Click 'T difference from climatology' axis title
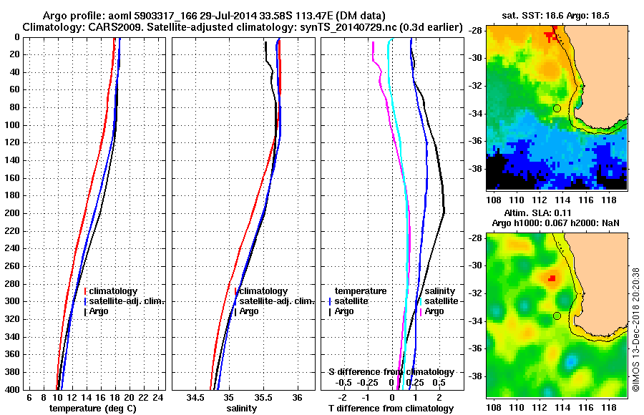pyautogui.click(x=391, y=409)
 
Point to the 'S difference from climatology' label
pyautogui.click(x=391, y=372)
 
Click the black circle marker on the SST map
pyautogui.click(x=557, y=108)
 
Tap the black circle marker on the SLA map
pyautogui.click(x=557, y=316)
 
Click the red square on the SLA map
pyautogui.click(x=552, y=278)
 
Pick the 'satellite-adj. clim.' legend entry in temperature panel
pyautogui.click(x=126, y=301)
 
